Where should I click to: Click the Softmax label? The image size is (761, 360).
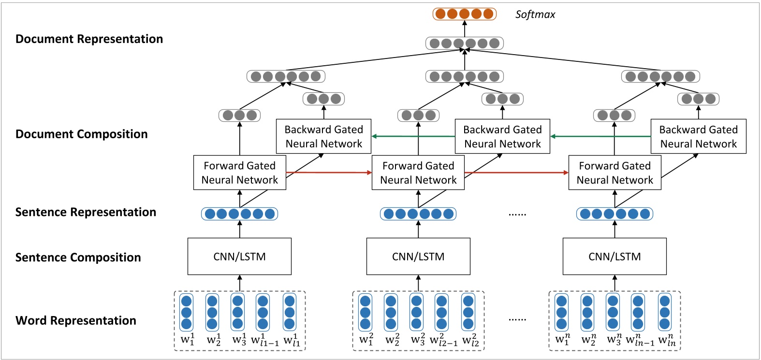[x=535, y=14]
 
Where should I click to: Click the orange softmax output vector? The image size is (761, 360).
[x=464, y=14]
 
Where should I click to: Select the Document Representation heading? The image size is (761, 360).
[x=89, y=39]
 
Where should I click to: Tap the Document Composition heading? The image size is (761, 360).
[x=82, y=134]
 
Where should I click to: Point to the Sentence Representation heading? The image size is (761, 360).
[x=86, y=212]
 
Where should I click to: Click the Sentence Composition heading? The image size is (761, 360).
[x=78, y=258]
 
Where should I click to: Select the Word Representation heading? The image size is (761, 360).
[x=76, y=321]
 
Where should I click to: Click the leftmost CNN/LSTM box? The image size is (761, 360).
[x=239, y=257]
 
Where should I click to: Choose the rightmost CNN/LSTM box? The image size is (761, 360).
[x=615, y=257]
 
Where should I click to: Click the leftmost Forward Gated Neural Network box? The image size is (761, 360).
[x=239, y=173]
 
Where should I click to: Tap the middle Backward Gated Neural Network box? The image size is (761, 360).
[x=502, y=137]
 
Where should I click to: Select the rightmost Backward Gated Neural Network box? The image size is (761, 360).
[x=698, y=137]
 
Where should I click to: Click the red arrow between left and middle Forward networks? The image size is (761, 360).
[x=329, y=173]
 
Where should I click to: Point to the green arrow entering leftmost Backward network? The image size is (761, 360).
[x=413, y=136]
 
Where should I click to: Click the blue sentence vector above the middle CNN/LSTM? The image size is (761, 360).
[x=418, y=214]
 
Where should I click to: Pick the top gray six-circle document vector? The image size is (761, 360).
[x=464, y=43]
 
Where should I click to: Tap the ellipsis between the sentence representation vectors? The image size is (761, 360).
[x=517, y=214]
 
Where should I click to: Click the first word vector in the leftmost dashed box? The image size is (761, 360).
[x=186, y=312]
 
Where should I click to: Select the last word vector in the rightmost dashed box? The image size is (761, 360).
[x=665, y=312]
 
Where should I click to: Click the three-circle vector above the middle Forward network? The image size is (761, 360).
[x=418, y=115]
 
